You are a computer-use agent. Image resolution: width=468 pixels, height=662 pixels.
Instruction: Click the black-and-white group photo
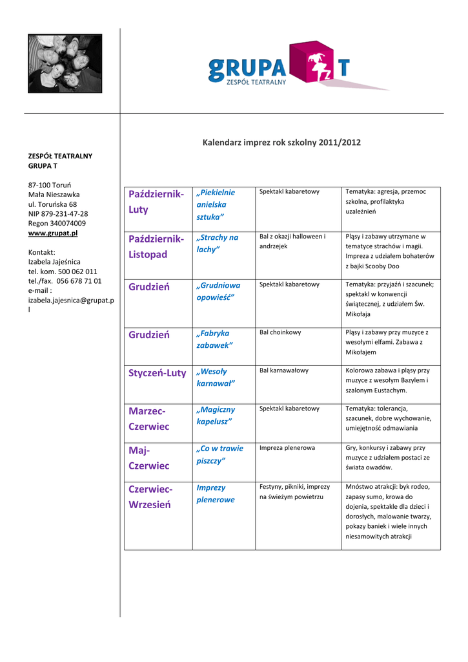65,63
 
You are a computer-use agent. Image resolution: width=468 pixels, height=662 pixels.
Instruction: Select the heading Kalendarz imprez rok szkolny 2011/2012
281,142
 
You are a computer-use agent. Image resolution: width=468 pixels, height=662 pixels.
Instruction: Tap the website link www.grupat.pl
53,233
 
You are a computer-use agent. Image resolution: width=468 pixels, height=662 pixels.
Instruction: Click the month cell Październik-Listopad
157,246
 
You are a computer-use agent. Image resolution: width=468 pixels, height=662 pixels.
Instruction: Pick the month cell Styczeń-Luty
158,373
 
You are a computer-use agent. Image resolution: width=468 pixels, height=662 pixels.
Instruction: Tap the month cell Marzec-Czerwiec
149,418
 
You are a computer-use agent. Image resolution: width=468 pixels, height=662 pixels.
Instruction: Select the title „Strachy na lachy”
217,243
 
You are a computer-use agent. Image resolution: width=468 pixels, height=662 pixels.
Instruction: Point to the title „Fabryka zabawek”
214,339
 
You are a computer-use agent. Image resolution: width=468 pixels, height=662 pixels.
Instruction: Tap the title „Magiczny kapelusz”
215,415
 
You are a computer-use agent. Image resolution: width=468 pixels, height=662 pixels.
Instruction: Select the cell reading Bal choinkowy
280,332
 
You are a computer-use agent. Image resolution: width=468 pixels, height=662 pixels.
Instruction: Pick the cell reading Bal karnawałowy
284,370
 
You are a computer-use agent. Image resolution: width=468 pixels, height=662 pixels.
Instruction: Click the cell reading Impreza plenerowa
287,447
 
